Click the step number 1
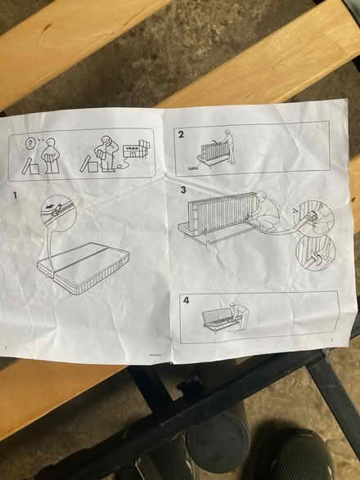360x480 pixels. coord(15,197)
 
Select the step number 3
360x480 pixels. coord(184,190)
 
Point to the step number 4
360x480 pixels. coord(187,300)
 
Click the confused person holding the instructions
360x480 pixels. coord(51,155)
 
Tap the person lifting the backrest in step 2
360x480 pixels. coord(230,148)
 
